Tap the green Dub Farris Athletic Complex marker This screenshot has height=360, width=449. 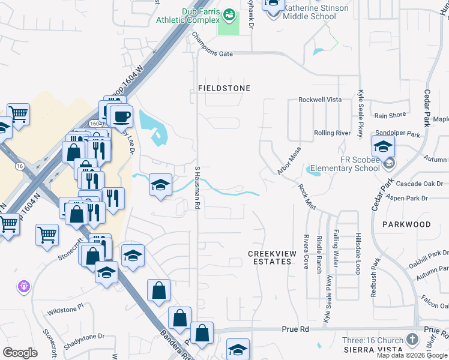[x=229, y=14]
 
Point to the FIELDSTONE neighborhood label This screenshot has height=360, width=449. [x=224, y=88]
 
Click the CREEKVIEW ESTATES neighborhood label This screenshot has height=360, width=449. [x=272, y=258]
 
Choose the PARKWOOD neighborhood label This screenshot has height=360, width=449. [x=406, y=224]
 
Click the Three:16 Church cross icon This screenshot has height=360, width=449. [x=412, y=340]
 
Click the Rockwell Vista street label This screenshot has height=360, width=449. [x=320, y=100]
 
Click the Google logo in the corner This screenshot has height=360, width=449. [x=20, y=353]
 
